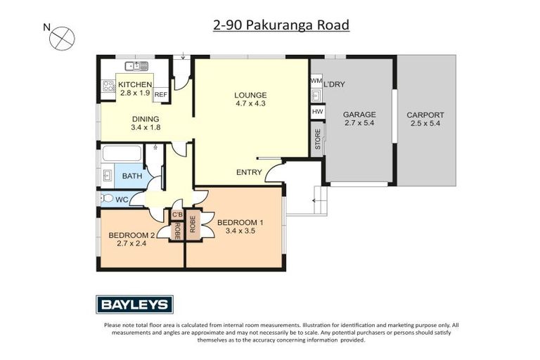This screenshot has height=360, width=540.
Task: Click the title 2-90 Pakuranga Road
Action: coord(281,25)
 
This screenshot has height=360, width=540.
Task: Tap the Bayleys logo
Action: coord(134,304)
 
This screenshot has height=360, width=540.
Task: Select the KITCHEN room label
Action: coord(135,84)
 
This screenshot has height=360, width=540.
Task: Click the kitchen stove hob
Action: coord(109,87)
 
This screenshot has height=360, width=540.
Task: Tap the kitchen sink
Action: coord(136,66)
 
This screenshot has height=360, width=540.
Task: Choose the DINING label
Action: coord(145,119)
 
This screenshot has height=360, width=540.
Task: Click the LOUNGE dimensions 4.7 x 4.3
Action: coord(250,104)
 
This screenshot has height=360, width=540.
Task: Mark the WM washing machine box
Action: coord(316,82)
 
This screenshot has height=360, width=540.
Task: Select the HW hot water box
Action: coord(316,112)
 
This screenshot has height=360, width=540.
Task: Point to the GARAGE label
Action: coord(359,115)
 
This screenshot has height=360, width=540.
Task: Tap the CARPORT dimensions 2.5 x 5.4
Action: coord(425,124)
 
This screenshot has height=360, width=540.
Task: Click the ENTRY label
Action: coord(249,172)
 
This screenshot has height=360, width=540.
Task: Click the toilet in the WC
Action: coord(106,199)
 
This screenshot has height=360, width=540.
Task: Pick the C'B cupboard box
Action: coord(177,214)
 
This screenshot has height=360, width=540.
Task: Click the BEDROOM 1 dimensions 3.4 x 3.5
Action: coord(240,230)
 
